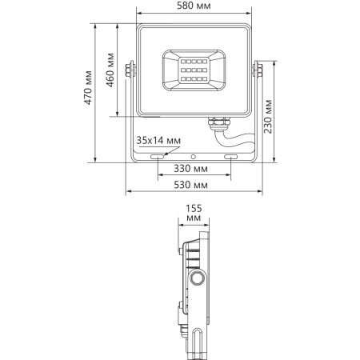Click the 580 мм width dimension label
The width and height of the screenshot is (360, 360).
click(194, 7)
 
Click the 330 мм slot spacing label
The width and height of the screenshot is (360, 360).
click(192, 170)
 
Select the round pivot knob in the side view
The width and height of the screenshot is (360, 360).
click(197, 278)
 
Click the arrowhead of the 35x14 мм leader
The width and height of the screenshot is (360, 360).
click(150, 153)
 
